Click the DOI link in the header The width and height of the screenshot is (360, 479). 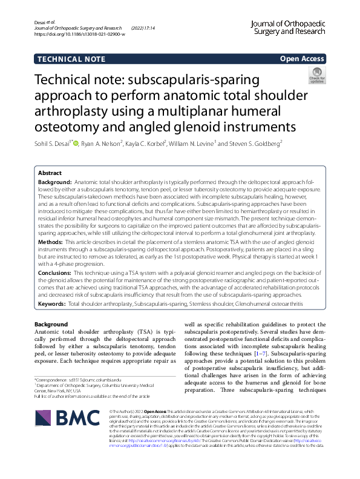[80, 35]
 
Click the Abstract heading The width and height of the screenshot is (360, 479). [51, 173]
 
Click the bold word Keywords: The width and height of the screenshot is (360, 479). [52, 303]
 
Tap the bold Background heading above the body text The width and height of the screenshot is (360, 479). [51, 325]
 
